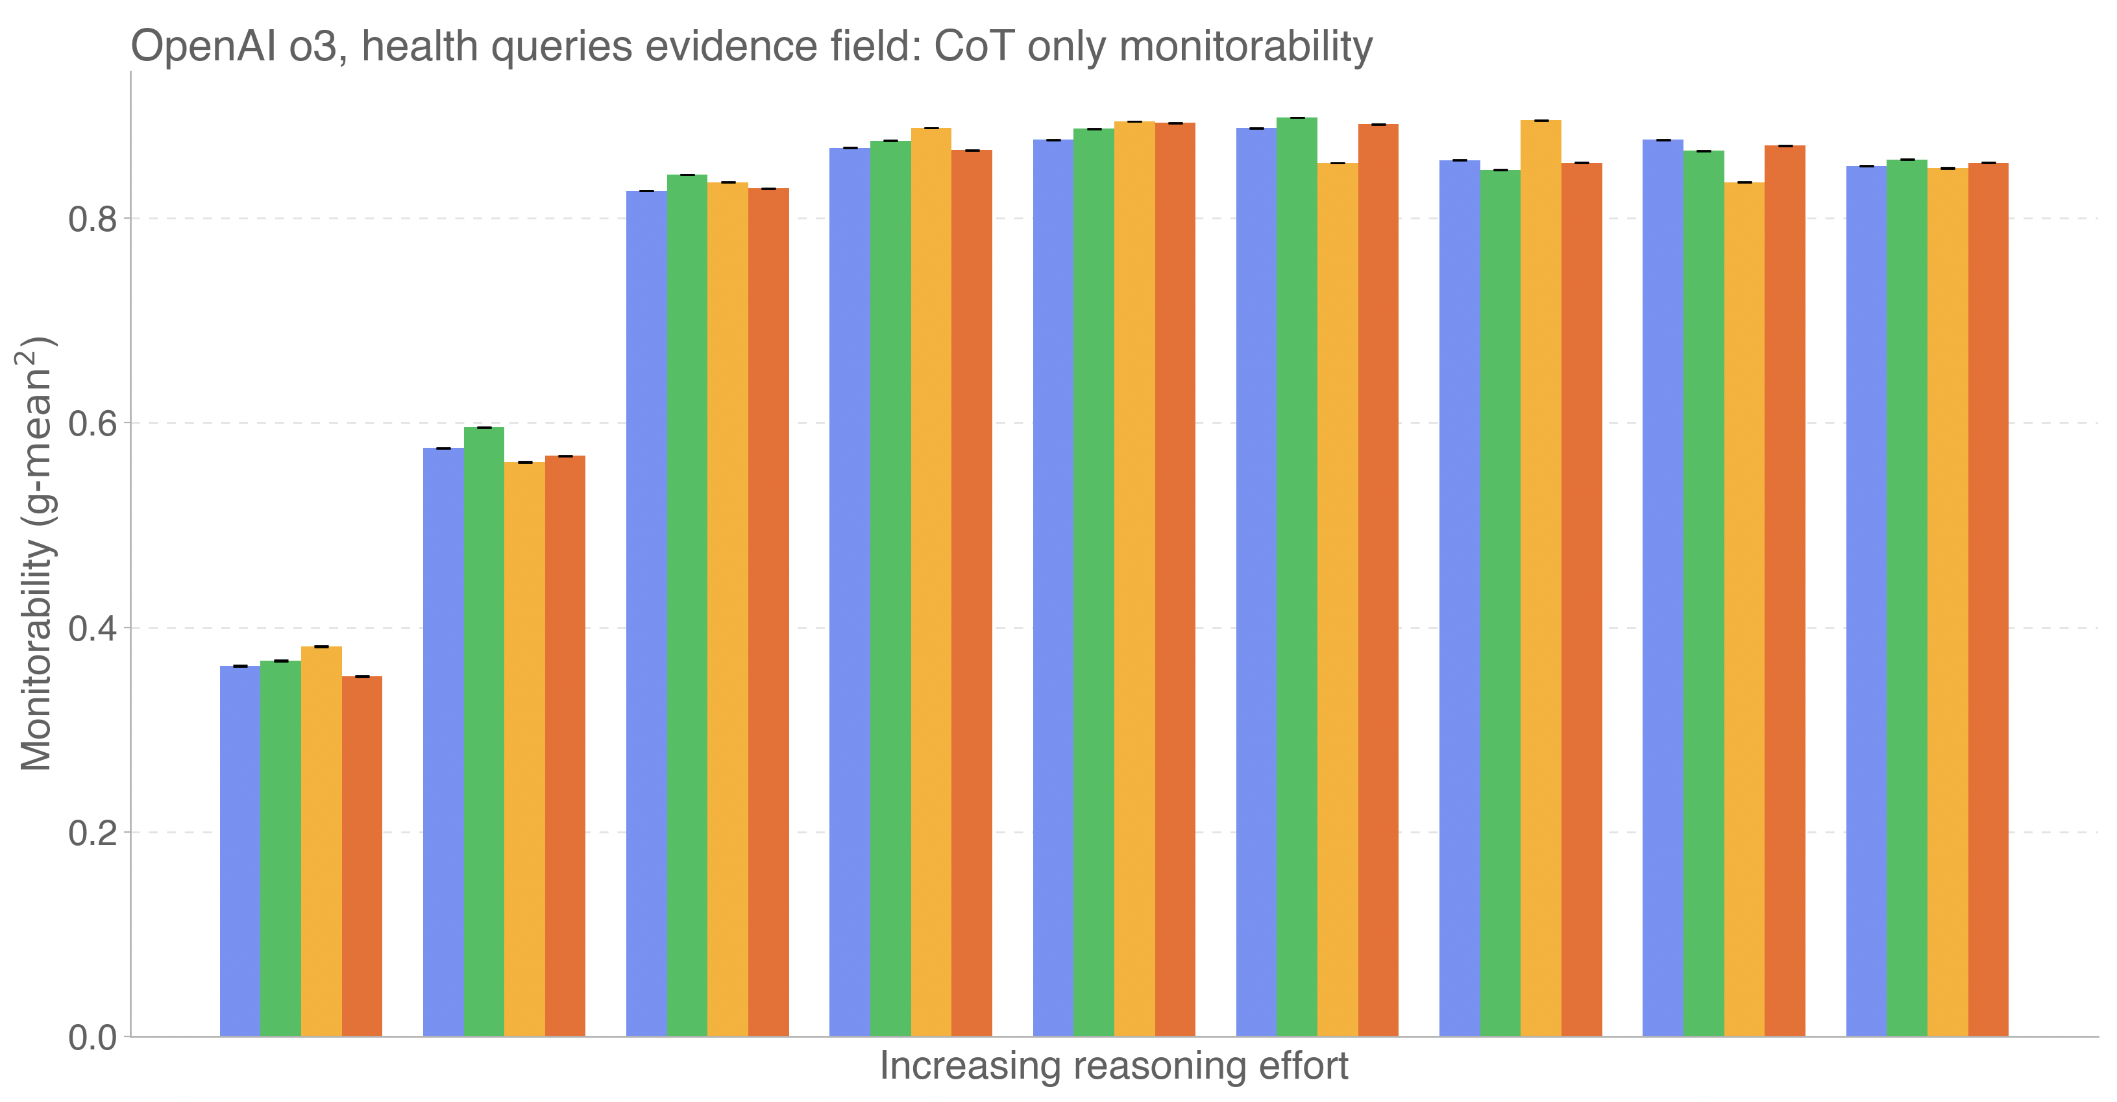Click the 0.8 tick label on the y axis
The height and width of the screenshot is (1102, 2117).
point(93,219)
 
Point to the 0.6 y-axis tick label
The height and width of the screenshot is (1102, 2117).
point(93,424)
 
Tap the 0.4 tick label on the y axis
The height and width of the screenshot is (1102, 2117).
point(93,629)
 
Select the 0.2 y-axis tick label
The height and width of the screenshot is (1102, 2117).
point(93,833)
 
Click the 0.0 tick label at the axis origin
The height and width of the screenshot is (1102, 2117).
point(93,1038)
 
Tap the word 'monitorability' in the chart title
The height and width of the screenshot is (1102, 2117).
point(1246,46)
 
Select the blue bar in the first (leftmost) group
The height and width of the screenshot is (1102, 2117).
point(240,851)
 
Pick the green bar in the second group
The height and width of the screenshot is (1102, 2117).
point(484,731)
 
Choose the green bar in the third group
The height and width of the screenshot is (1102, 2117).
point(687,605)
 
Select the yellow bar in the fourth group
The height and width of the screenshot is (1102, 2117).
point(931,582)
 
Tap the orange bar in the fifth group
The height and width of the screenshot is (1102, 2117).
point(1175,580)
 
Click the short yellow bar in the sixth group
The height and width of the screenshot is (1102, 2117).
point(1338,599)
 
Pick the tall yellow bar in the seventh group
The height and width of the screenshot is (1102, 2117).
point(1541,578)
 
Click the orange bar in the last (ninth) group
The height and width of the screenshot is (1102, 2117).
point(1988,599)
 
